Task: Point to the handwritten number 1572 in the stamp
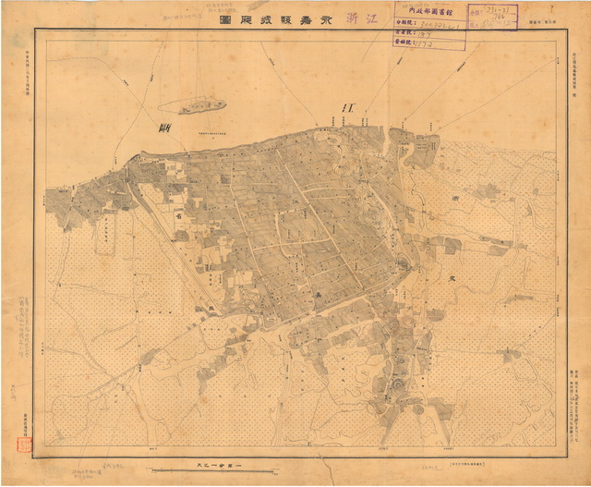[x=426, y=42]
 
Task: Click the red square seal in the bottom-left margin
[x=20, y=444]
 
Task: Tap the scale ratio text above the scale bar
[x=212, y=461]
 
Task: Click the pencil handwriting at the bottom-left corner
[x=86, y=472]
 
